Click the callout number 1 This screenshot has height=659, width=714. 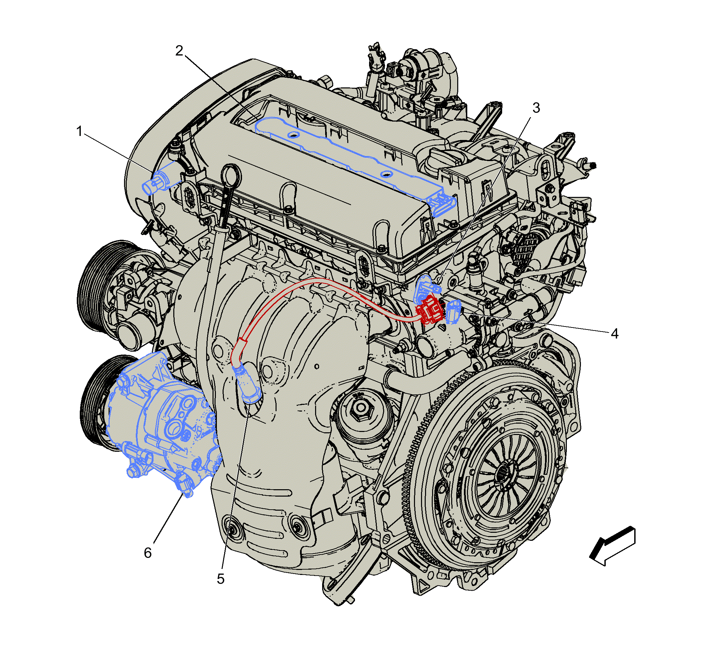79,131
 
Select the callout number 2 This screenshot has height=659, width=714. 179,51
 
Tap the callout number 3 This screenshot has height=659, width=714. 536,108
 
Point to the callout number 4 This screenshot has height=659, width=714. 614,334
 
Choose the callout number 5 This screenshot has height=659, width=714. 221,579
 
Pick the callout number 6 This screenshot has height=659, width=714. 148,553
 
